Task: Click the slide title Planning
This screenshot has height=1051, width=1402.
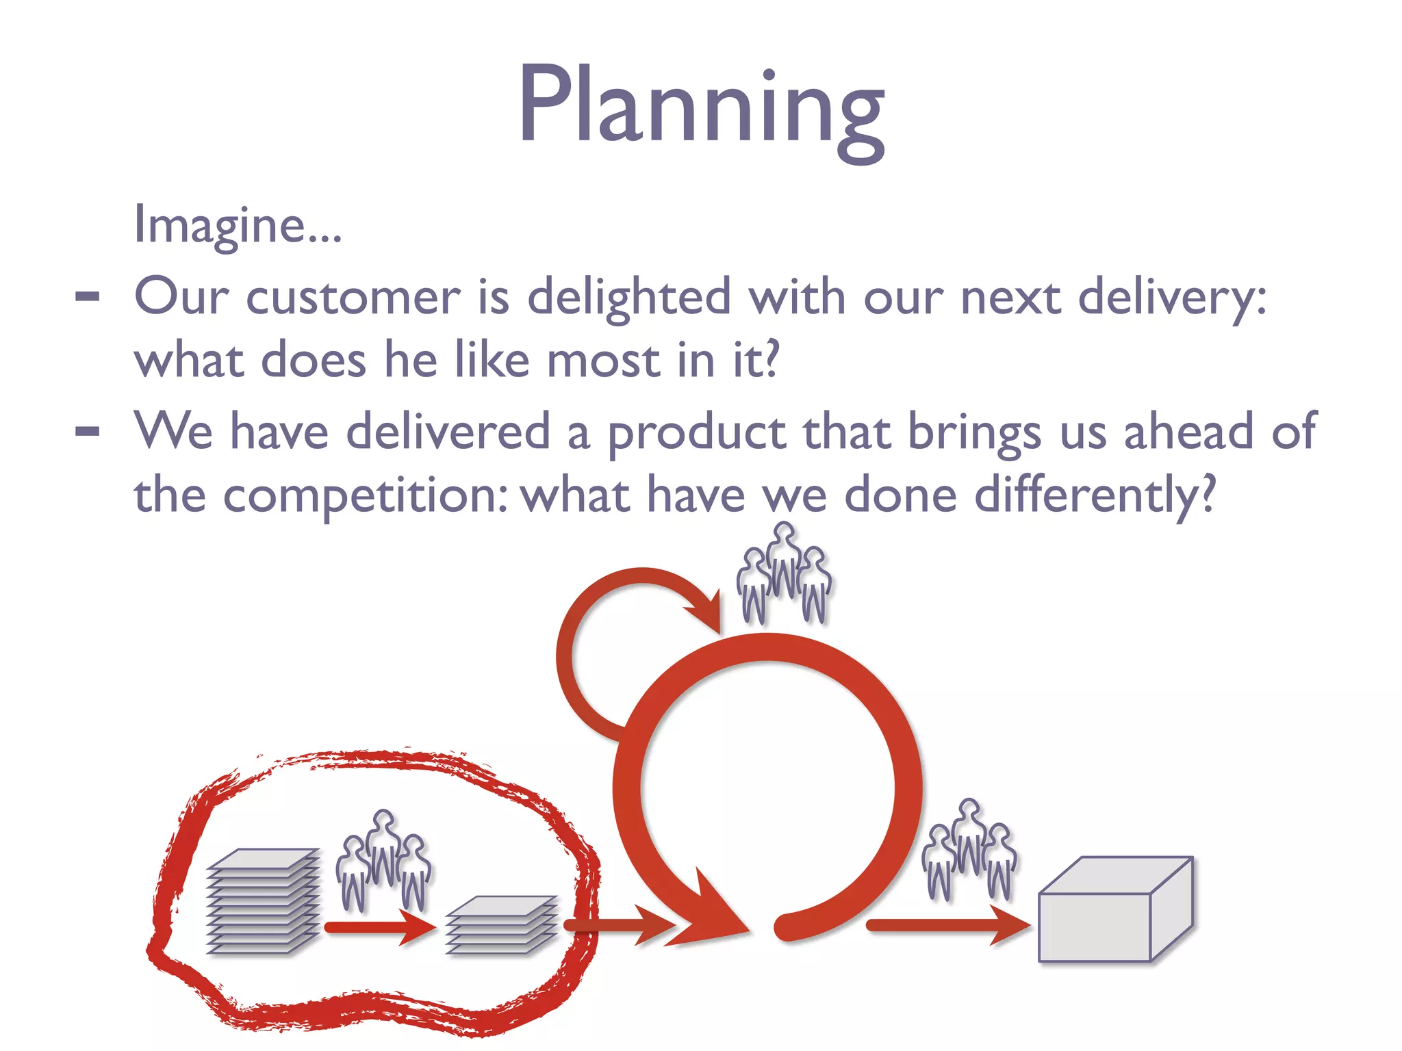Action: [x=701, y=106]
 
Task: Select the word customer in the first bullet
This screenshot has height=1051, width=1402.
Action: [x=353, y=298]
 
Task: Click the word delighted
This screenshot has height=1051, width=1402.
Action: [x=629, y=298]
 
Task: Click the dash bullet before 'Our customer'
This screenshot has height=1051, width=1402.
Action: [x=88, y=297]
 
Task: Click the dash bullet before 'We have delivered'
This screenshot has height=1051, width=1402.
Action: [x=88, y=432]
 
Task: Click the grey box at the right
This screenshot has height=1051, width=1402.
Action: [x=1115, y=910]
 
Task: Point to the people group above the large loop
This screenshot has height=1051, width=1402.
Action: [x=784, y=575]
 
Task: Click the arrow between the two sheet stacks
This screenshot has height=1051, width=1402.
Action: [x=380, y=927]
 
